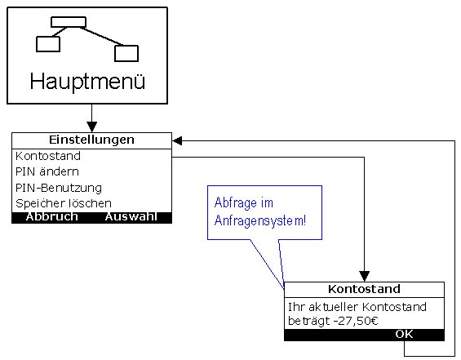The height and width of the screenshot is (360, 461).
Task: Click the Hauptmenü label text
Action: coord(87,82)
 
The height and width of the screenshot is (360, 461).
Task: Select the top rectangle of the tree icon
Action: coord(69,22)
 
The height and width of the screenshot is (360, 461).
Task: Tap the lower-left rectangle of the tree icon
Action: coord(48,44)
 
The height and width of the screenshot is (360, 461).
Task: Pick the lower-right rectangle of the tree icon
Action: coord(126,53)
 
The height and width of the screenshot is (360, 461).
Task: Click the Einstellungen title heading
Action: coord(91,140)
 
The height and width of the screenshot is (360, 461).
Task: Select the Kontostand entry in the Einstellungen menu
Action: coord(48,156)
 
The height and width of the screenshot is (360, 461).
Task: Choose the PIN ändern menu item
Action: coord(47,171)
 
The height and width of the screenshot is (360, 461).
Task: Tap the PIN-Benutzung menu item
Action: coord(59,188)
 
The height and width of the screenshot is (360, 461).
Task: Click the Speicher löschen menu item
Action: coord(64,203)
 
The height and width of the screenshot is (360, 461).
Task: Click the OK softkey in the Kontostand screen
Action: coord(404,334)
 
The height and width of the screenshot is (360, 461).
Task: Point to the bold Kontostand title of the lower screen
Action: coord(364,289)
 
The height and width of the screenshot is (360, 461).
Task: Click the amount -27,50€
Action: coord(356,321)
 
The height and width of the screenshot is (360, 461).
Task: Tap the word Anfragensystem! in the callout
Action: coord(260,220)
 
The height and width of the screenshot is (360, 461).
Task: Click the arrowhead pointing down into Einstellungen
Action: coord(92,127)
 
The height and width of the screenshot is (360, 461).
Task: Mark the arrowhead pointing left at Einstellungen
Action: coord(177,140)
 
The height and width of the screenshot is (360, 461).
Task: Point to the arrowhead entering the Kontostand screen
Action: coord(364,277)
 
